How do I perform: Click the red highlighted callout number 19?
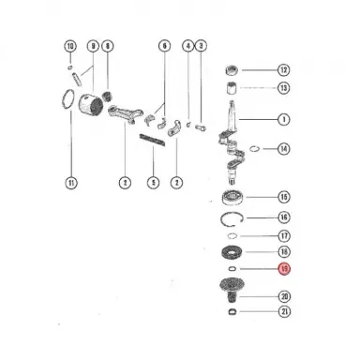pos(284,271)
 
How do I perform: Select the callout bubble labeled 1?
pos(284,119)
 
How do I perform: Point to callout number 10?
pos(68,47)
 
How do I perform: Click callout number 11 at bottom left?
pos(68,181)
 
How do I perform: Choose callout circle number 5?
pos(152,181)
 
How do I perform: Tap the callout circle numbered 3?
pos(201,47)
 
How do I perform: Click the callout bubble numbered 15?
pos(284,198)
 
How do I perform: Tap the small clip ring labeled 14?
pos(256,148)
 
